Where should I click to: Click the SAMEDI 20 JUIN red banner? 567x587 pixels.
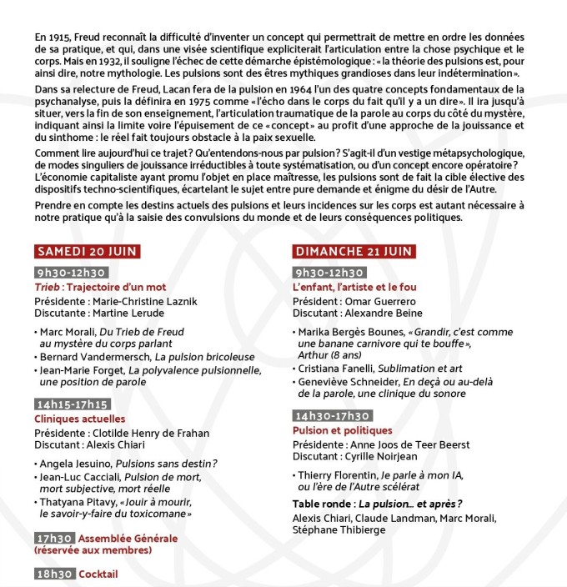click(86, 253)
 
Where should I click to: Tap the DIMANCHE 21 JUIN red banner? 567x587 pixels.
click(354, 253)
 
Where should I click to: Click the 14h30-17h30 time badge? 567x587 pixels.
click(332, 416)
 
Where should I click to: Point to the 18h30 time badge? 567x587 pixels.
click(55, 574)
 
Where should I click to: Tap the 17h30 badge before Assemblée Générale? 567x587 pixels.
click(55, 538)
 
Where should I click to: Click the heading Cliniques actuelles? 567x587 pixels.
click(79, 418)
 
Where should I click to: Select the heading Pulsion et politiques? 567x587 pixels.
click(342, 430)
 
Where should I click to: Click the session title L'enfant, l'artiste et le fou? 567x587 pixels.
click(354, 286)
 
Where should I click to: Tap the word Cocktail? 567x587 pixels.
click(99, 574)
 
